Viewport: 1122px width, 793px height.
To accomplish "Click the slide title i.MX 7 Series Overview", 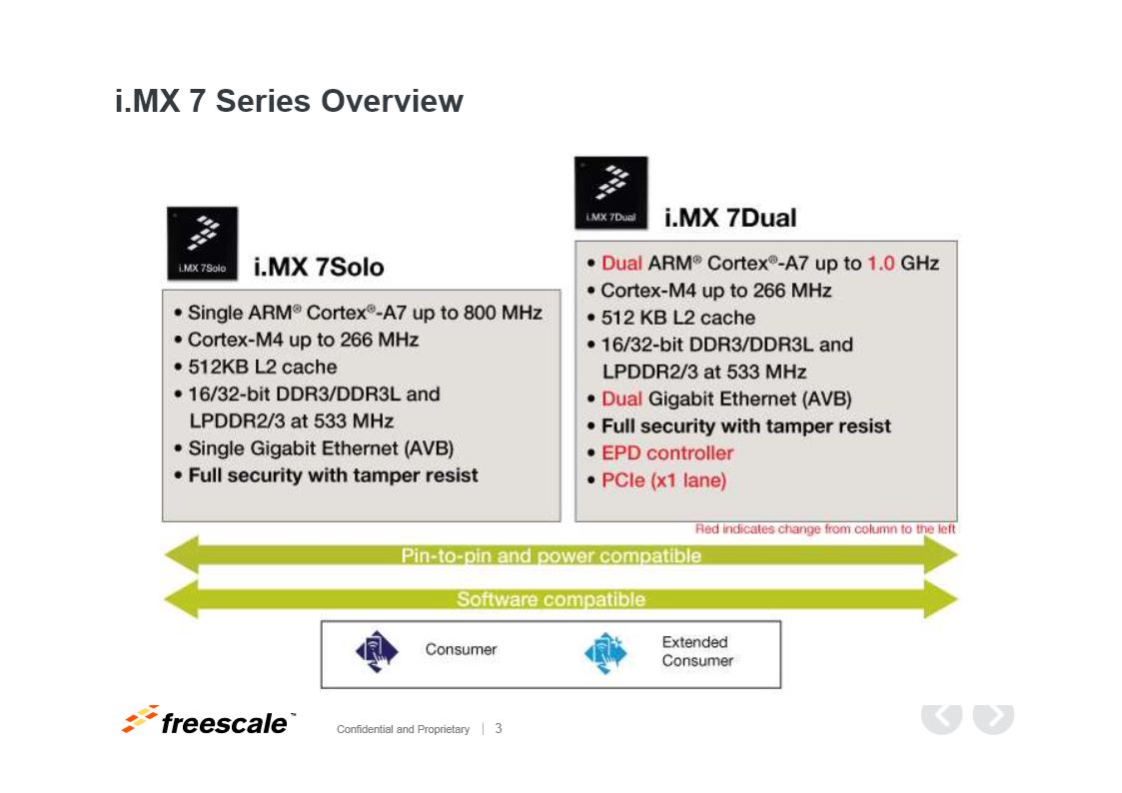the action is pos(289,101).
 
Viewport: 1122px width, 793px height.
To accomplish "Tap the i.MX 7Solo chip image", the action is pos(203,243).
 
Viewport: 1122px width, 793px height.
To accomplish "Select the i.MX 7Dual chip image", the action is pos(611,193).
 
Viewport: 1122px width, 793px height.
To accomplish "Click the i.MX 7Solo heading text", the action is pos(319,268).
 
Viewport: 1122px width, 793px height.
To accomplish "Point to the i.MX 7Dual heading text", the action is pos(730,218).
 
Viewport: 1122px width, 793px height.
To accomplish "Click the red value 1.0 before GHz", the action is pos(881,263).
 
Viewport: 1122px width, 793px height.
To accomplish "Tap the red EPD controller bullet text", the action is pos(666,453).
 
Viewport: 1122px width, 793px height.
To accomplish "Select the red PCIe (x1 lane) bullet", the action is pos(664,480).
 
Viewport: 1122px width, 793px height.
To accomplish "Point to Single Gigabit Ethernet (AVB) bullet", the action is pos(321,448).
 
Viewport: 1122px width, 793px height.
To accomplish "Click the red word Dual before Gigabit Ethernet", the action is pos(621,399).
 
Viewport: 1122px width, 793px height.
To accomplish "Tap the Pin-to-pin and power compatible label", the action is pos(551,555).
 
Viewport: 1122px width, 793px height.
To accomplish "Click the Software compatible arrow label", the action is pos(551,599).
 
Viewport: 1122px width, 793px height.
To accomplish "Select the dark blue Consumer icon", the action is pos(377,651).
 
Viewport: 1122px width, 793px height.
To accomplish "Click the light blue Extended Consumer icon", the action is pos(605,652).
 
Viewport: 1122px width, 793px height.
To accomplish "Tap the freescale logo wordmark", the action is pos(225,724).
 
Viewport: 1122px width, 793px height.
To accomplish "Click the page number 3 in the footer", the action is pos(498,729).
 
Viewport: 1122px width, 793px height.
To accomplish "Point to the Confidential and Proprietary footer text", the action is pos(403,729).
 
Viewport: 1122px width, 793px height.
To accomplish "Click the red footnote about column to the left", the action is pos(825,529).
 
